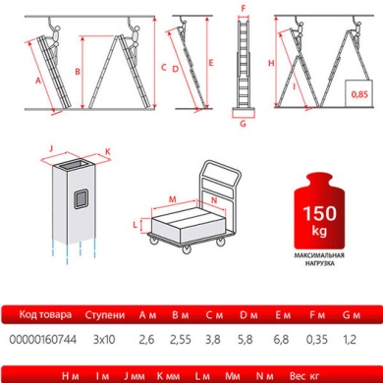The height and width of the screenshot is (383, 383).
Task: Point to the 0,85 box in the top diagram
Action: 361,94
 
